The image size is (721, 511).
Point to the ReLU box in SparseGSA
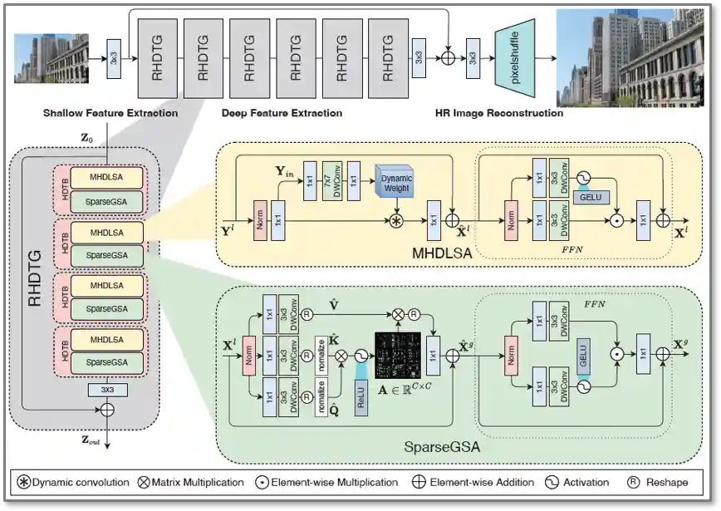click(x=360, y=395)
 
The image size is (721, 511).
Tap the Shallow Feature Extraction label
click(x=110, y=113)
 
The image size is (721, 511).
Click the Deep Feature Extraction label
click(x=282, y=113)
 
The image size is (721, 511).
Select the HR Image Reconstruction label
click(x=498, y=113)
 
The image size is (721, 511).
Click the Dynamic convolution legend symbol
click(x=26, y=482)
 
